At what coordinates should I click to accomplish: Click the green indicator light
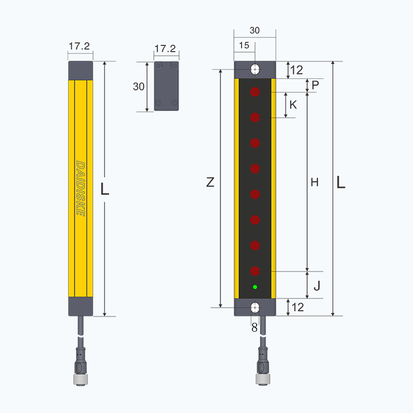point(255,287)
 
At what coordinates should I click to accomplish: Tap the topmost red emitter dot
point(255,92)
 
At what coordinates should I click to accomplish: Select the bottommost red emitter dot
point(255,271)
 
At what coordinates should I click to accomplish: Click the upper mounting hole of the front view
point(255,70)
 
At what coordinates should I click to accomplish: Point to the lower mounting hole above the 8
point(255,307)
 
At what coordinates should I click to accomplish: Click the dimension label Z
point(210,182)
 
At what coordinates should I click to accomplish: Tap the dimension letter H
point(314,182)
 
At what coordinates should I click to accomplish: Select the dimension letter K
point(293,105)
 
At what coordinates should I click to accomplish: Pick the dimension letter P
point(315,85)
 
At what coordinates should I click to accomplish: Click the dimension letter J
point(317,286)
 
